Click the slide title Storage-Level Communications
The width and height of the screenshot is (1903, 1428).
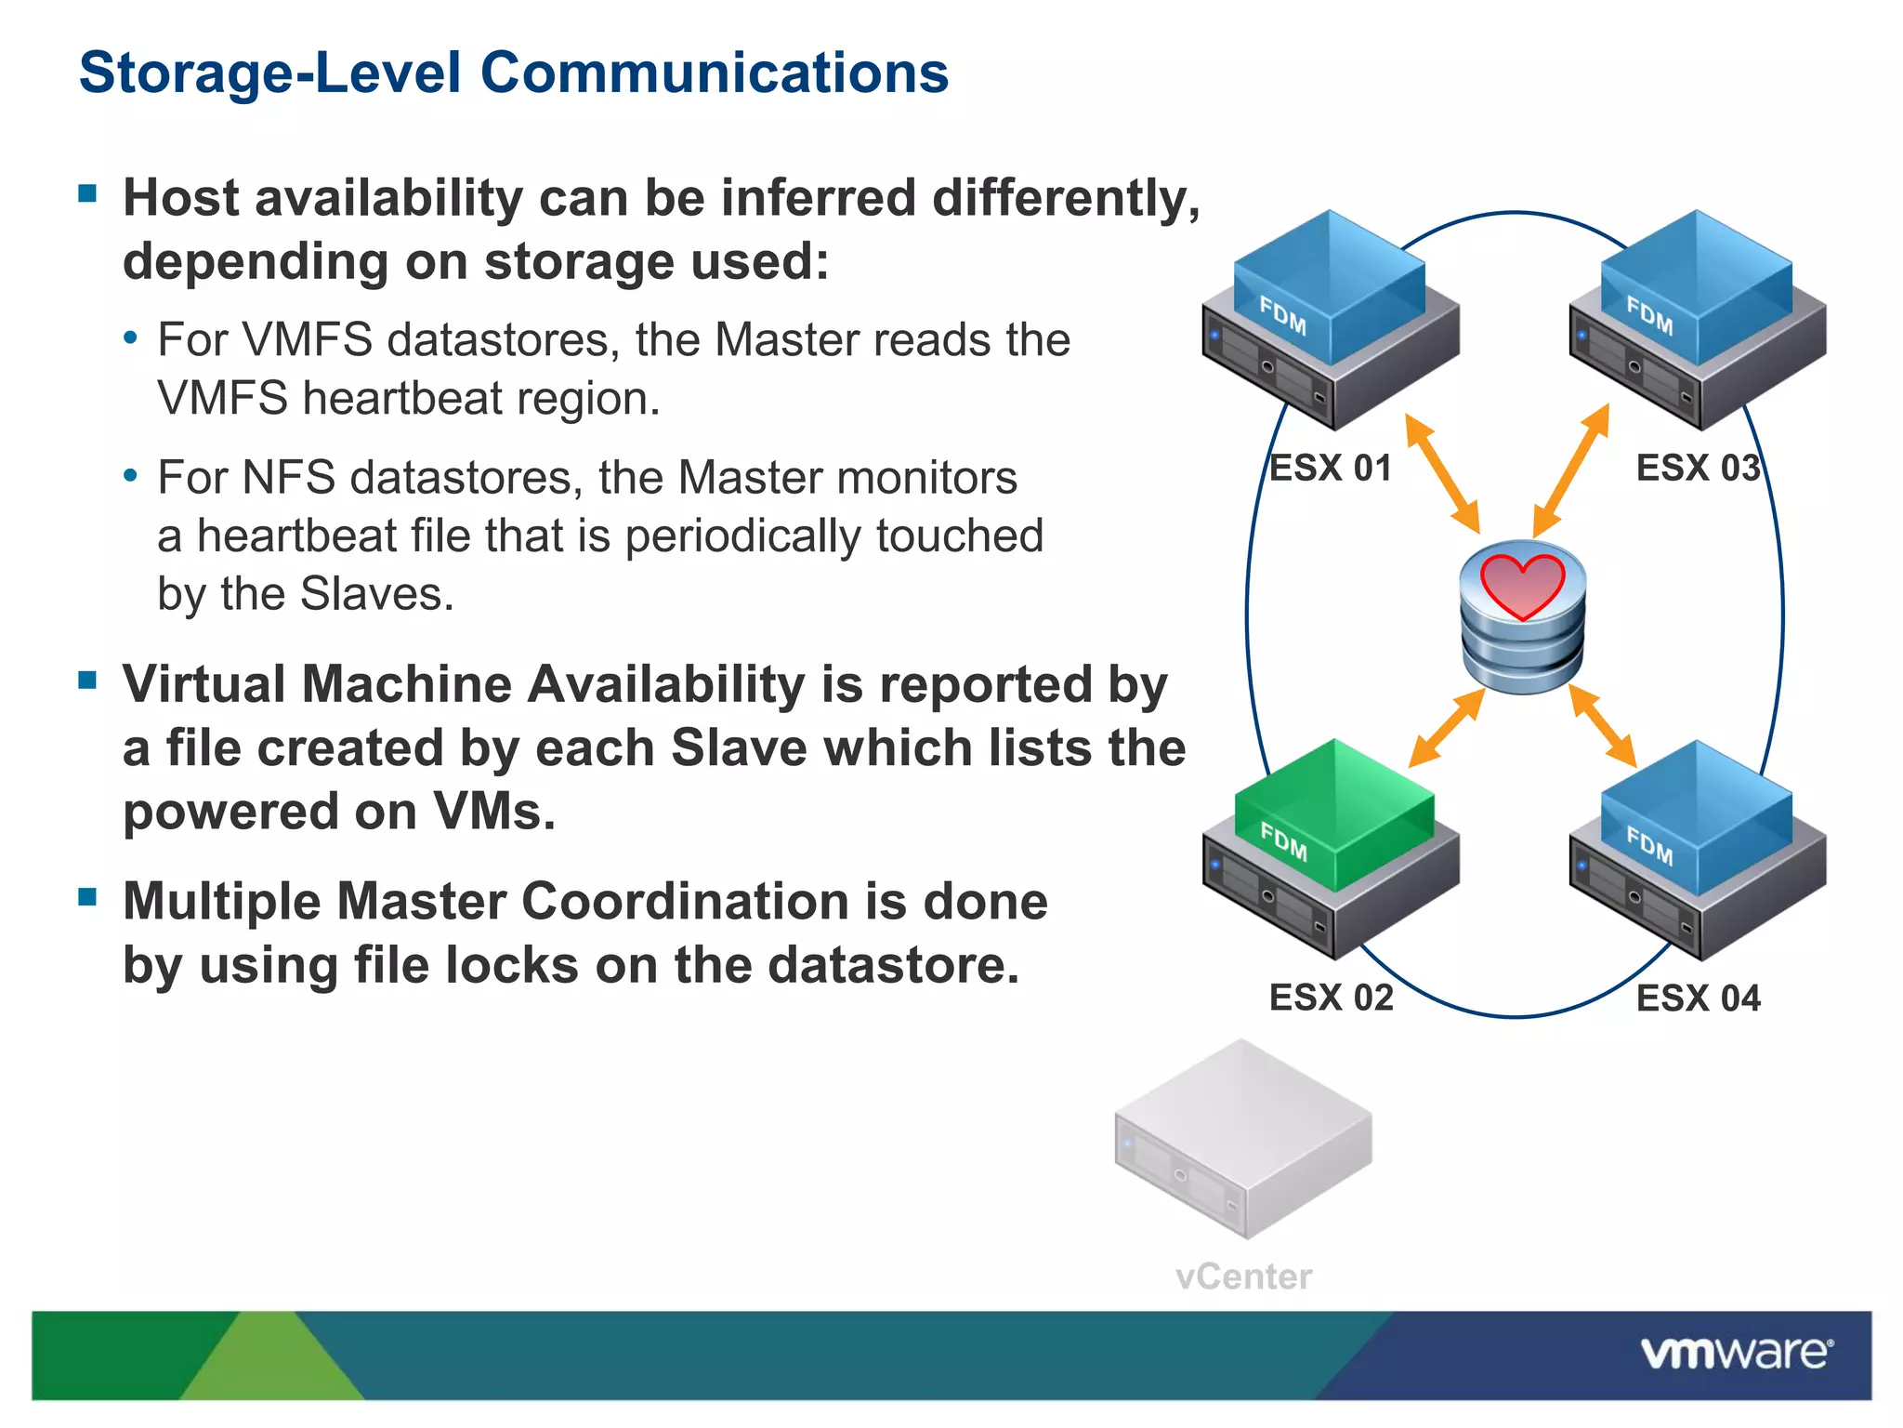(x=514, y=73)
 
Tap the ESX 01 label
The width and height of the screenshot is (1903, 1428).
(x=1331, y=468)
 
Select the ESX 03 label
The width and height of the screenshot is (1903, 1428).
(x=1698, y=468)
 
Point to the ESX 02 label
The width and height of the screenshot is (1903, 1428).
(x=1331, y=998)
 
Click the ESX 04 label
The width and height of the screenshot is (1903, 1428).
(x=1698, y=998)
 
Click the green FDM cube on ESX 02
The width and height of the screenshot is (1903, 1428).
(x=1335, y=813)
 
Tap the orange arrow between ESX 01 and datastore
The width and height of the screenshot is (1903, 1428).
(x=1441, y=473)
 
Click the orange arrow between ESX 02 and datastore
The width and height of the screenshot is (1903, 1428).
(x=1447, y=728)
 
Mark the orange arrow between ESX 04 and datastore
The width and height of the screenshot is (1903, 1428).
(x=1602, y=726)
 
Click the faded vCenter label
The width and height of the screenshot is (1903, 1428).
(x=1243, y=1276)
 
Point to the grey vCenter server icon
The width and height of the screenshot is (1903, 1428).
(x=1243, y=1139)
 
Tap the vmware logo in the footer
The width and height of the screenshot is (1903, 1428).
(x=1736, y=1353)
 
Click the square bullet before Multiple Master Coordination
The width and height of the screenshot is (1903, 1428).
(x=88, y=897)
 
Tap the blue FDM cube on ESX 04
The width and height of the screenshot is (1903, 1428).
(x=1697, y=815)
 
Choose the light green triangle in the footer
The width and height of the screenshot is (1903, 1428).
(x=269, y=1362)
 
